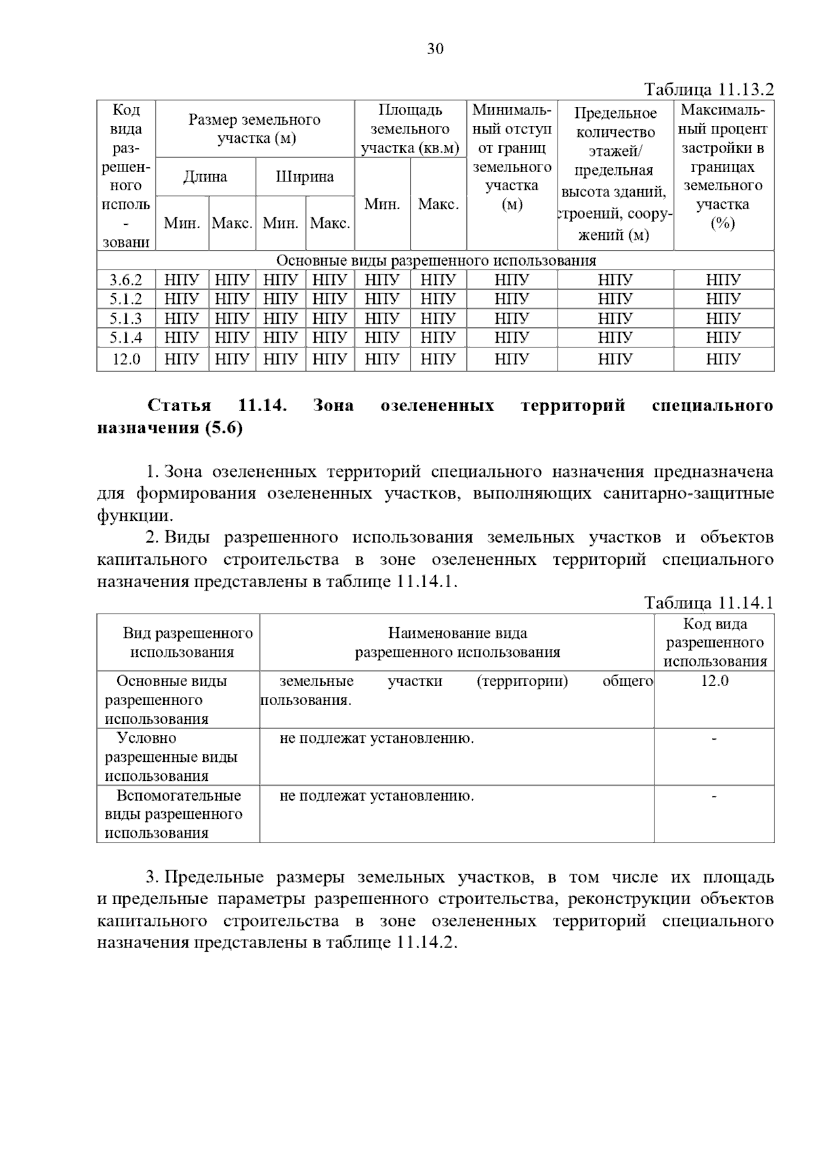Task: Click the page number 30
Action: tap(435, 49)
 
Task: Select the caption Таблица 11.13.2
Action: tap(708, 89)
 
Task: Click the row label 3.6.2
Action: tap(126, 280)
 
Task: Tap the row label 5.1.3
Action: tap(126, 318)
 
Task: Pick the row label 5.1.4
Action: tap(126, 337)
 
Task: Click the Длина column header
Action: tap(205, 177)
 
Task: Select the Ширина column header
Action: tap(304, 177)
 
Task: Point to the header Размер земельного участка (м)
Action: tap(254, 129)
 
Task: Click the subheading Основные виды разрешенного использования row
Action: tap(436, 261)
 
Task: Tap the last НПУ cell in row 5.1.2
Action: tap(723, 299)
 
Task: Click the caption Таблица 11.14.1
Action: tap(708, 603)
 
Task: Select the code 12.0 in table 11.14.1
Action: tap(714, 681)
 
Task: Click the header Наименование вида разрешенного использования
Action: tap(457, 643)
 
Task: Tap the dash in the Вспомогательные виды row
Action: tap(714, 796)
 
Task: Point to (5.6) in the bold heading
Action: tap(221, 428)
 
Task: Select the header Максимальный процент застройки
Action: tap(723, 167)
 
